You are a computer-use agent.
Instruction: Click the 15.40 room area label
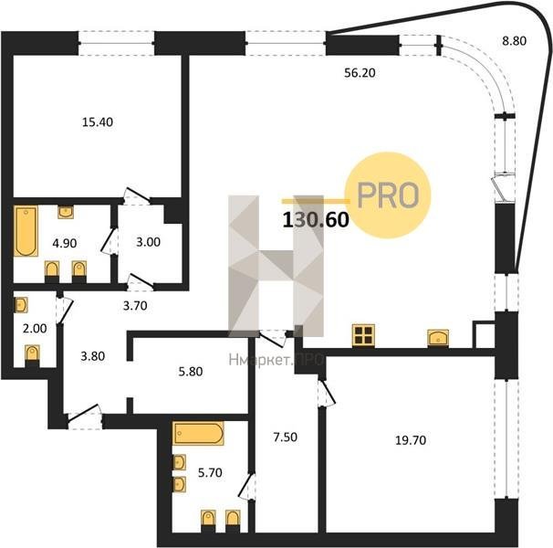98,122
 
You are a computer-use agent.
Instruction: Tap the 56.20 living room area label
360,73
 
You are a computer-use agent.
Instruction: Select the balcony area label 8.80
514,41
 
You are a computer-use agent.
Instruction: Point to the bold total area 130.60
316,219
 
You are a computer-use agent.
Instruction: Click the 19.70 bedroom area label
411,440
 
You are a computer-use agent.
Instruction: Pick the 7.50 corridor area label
286,437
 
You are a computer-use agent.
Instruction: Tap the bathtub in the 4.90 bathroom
26,231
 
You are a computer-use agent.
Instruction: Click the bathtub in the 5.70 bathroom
199,433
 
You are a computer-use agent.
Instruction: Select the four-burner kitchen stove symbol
363,335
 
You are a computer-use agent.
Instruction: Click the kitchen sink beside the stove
438,338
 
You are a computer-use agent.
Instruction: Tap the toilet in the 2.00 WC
33,353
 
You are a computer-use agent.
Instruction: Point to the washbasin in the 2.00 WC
21,305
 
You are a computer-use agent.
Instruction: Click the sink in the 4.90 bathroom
66,212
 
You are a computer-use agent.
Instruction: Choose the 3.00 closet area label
148,242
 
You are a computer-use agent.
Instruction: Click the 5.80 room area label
191,372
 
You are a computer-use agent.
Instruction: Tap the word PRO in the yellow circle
388,195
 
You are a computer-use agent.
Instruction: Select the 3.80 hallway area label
93,356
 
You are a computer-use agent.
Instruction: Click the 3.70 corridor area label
135,306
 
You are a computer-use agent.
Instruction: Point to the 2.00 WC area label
35,329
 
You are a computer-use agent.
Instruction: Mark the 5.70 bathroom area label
210,472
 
